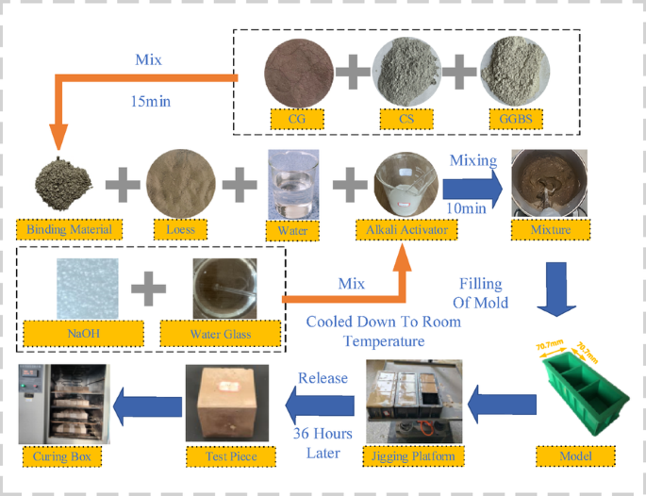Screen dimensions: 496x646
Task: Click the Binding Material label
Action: click(62, 229)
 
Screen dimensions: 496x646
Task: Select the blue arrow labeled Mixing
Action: click(472, 186)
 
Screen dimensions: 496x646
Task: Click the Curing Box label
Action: click(62, 456)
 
